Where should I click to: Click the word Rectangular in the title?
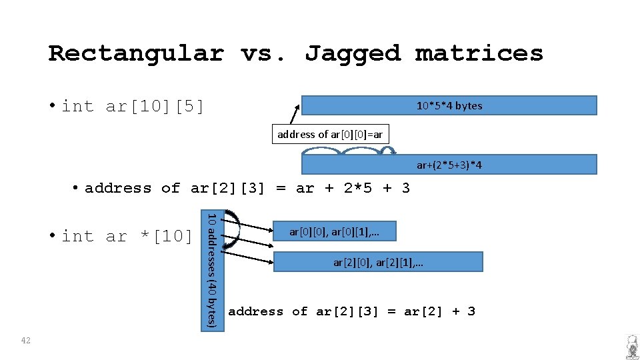click(136, 53)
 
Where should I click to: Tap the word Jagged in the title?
click(353, 53)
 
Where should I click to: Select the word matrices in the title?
click(479, 53)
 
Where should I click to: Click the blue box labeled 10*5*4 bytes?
click(449, 105)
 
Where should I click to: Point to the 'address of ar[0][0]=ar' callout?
click(330, 135)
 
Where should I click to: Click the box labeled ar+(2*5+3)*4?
click(449, 165)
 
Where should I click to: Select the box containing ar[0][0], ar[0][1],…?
click(335, 231)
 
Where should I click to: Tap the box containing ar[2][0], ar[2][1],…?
click(378, 262)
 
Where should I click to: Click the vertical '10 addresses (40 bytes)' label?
click(211, 270)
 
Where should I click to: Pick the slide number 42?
click(26, 341)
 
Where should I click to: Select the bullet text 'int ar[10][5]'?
click(133, 106)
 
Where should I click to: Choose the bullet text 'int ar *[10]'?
click(127, 236)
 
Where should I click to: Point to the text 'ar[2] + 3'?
click(439, 311)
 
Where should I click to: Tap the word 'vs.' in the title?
click(264, 53)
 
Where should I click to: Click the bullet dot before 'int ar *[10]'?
click(53, 236)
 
